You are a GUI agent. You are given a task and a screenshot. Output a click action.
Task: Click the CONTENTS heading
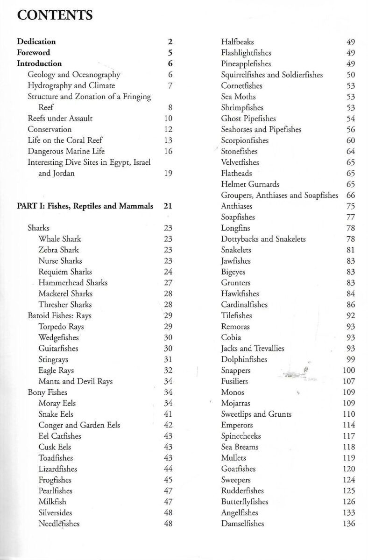[55, 15]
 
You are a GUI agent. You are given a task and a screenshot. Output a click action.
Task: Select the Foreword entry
[34, 53]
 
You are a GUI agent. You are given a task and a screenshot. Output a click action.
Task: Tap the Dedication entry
[36, 42]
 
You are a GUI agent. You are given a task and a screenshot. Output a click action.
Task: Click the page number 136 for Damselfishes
[348, 524]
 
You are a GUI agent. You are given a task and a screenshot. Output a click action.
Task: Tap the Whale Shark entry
[60, 239]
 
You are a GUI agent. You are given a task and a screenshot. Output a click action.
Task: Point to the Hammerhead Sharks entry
[73, 283]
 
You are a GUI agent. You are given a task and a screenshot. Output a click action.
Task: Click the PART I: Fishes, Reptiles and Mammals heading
[85, 206]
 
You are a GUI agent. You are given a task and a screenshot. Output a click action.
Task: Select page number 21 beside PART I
[168, 206]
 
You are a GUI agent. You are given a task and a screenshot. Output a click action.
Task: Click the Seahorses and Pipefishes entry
[261, 130]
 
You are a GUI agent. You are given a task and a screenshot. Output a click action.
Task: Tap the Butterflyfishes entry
[245, 502]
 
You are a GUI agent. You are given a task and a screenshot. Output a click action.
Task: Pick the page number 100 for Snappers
[348, 371]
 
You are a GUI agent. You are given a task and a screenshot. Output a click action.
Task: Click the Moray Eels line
[57, 403]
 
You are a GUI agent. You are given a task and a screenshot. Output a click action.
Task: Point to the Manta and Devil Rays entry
[75, 381]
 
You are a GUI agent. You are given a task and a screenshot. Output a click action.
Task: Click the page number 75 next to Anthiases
[351, 206]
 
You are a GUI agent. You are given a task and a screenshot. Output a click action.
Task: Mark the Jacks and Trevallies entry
[252, 349]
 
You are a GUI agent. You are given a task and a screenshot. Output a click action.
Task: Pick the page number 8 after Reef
[170, 107]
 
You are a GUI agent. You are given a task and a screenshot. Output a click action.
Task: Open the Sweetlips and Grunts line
[256, 414]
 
